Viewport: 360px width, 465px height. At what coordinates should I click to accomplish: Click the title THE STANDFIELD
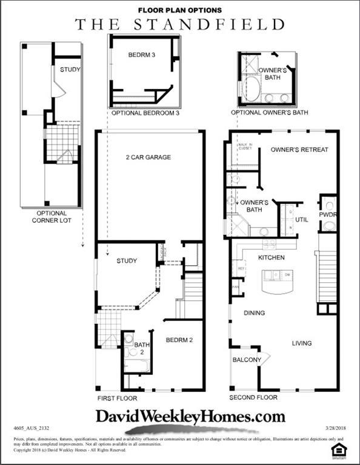pos(179,24)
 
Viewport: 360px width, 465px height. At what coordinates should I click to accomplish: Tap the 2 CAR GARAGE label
pos(148,157)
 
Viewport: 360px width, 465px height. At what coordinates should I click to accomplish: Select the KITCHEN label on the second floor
pos(272,258)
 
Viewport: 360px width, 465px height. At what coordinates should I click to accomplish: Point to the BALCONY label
pos(247,360)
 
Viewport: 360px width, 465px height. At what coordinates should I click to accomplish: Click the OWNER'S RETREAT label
pos(299,150)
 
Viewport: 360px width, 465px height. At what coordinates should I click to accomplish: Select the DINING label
pos(255,313)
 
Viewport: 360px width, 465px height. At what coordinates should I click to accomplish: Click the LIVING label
pos(302,343)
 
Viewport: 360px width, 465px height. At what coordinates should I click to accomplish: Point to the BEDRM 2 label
pos(179,340)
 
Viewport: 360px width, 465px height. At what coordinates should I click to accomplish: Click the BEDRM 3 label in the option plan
pos(142,55)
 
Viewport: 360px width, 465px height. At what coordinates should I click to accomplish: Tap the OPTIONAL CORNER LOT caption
pos(52,217)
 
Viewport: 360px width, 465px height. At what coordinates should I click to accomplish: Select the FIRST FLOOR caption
pos(117,398)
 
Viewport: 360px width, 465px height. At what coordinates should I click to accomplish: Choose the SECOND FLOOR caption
pos(253,398)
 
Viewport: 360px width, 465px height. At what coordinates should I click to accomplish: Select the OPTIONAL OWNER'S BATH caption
pos(270,113)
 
